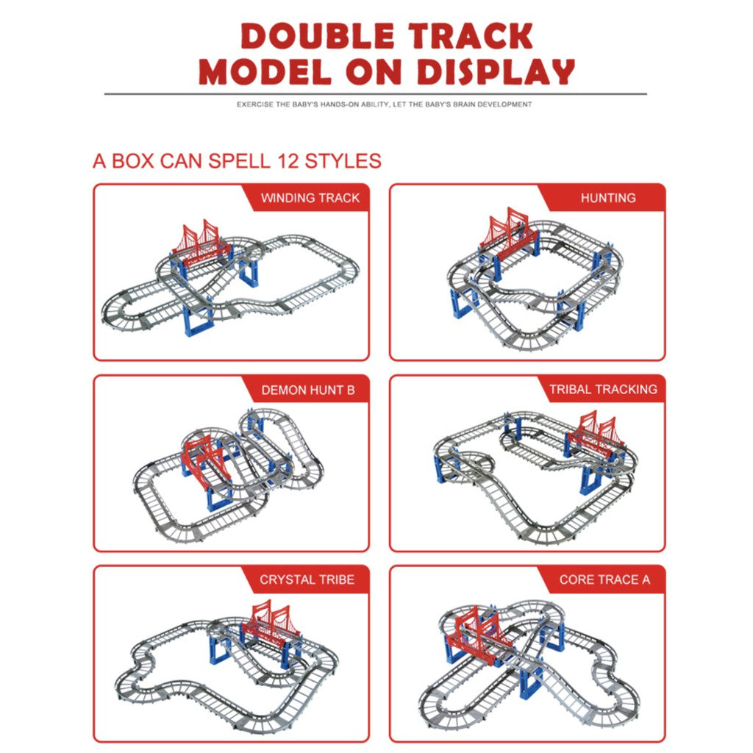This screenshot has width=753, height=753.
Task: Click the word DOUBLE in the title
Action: click(318, 35)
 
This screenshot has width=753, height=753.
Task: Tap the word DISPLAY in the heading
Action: click(496, 72)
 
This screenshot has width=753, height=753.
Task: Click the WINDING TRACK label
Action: click(310, 198)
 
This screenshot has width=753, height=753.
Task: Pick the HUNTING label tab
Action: click(608, 198)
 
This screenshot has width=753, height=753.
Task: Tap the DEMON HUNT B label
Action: click(308, 390)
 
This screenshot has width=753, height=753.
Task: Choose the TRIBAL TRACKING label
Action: click(603, 389)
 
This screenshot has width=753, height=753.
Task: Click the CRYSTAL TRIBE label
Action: click(307, 579)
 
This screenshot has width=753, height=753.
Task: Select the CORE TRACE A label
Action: click(604, 579)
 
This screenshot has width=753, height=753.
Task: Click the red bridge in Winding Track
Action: click(201, 244)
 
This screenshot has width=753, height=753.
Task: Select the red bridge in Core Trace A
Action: click(476, 635)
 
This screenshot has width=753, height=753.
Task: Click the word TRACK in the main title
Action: click(471, 35)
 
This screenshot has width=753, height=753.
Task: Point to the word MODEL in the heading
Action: click(265, 72)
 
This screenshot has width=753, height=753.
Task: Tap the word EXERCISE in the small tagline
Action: click(255, 104)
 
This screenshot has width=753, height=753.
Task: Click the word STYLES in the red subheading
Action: click(343, 161)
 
